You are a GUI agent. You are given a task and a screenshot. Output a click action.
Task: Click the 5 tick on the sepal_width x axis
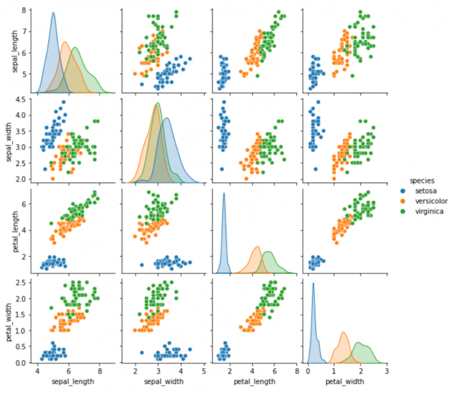[x=203, y=372]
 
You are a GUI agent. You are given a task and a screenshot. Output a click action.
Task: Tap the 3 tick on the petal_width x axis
[x=386, y=372]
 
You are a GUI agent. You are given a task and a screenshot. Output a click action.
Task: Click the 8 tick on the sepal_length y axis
[x=27, y=10]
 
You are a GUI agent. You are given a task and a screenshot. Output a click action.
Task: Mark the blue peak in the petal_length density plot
[x=224, y=193]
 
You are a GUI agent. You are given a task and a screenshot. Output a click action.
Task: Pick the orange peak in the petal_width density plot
[x=343, y=332]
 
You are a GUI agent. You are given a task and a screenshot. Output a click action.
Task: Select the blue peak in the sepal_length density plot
[x=53, y=13]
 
